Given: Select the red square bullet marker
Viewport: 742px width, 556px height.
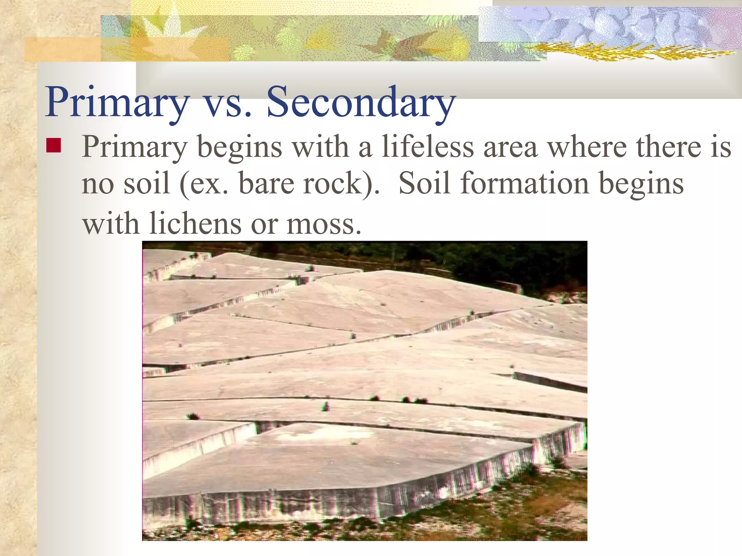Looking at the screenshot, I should (53, 146).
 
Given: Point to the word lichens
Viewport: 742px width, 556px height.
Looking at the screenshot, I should (195, 224).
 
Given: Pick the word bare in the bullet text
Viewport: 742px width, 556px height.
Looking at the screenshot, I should (266, 183).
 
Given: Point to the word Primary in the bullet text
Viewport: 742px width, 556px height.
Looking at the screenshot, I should (134, 148).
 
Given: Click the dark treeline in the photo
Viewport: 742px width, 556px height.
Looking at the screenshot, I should (507, 264).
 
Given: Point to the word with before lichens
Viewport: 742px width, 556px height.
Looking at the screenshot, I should (111, 224).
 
